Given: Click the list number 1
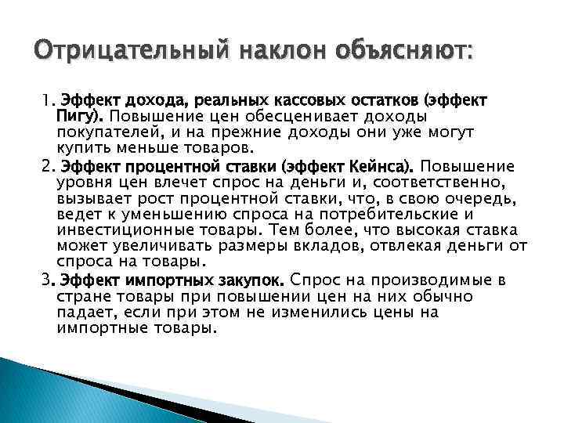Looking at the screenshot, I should coord(46,100).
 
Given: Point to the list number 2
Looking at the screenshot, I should coord(46,166).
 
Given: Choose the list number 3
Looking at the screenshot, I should coord(46,280).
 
